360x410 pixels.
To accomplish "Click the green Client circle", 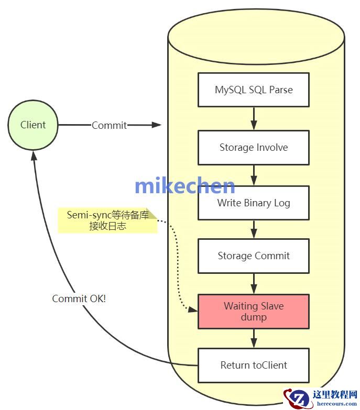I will pyautogui.click(x=34, y=125).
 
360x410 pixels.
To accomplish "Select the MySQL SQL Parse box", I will pyautogui.click(x=254, y=90).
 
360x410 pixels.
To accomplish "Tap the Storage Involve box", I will pyautogui.click(x=254, y=147).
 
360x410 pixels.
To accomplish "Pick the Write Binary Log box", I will pyautogui.click(x=254, y=203).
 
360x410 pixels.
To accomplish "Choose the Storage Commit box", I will pyautogui.click(x=254, y=256).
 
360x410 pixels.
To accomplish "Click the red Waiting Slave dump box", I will pyautogui.click(x=254, y=312).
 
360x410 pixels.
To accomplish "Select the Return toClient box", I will pyautogui.click(x=254, y=365).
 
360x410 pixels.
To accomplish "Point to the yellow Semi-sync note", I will pyautogui.click(x=107, y=220).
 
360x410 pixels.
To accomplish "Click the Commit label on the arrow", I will pyautogui.click(x=109, y=125).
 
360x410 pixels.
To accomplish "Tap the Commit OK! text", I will pyautogui.click(x=79, y=298).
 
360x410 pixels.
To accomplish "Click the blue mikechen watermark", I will pyautogui.click(x=184, y=186).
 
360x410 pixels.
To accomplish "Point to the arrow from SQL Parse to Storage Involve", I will pyautogui.click(x=254, y=119).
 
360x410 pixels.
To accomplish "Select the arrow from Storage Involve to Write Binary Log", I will pyautogui.click(x=254, y=175).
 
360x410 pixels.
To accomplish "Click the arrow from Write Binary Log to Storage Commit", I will pyautogui.click(x=254, y=229).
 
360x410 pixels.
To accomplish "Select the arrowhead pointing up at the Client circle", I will pyautogui.click(x=34, y=156).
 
